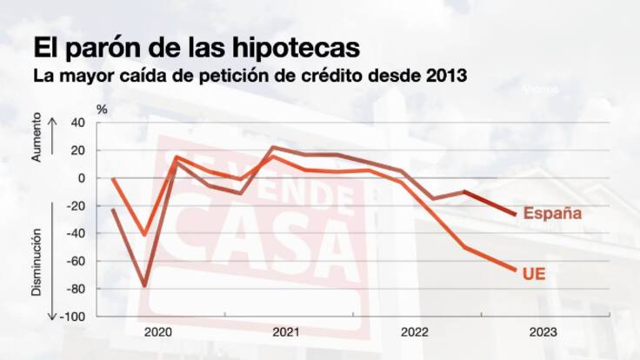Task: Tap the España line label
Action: (x=551, y=213)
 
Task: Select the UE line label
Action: (x=534, y=273)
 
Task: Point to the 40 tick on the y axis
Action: (x=77, y=123)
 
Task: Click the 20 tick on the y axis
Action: (x=77, y=150)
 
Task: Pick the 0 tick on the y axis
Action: (x=81, y=178)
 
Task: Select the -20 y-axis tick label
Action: (x=75, y=206)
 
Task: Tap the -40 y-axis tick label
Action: (x=75, y=233)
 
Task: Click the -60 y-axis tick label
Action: (x=75, y=261)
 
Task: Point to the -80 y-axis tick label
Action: (x=75, y=289)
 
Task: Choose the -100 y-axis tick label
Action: (x=72, y=317)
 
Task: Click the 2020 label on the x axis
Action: (x=157, y=332)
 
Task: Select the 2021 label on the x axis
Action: (x=286, y=332)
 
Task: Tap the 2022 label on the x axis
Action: (x=415, y=332)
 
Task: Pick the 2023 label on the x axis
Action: (x=543, y=332)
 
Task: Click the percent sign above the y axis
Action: (x=101, y=109)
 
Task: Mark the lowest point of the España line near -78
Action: (x=144, y=286)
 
